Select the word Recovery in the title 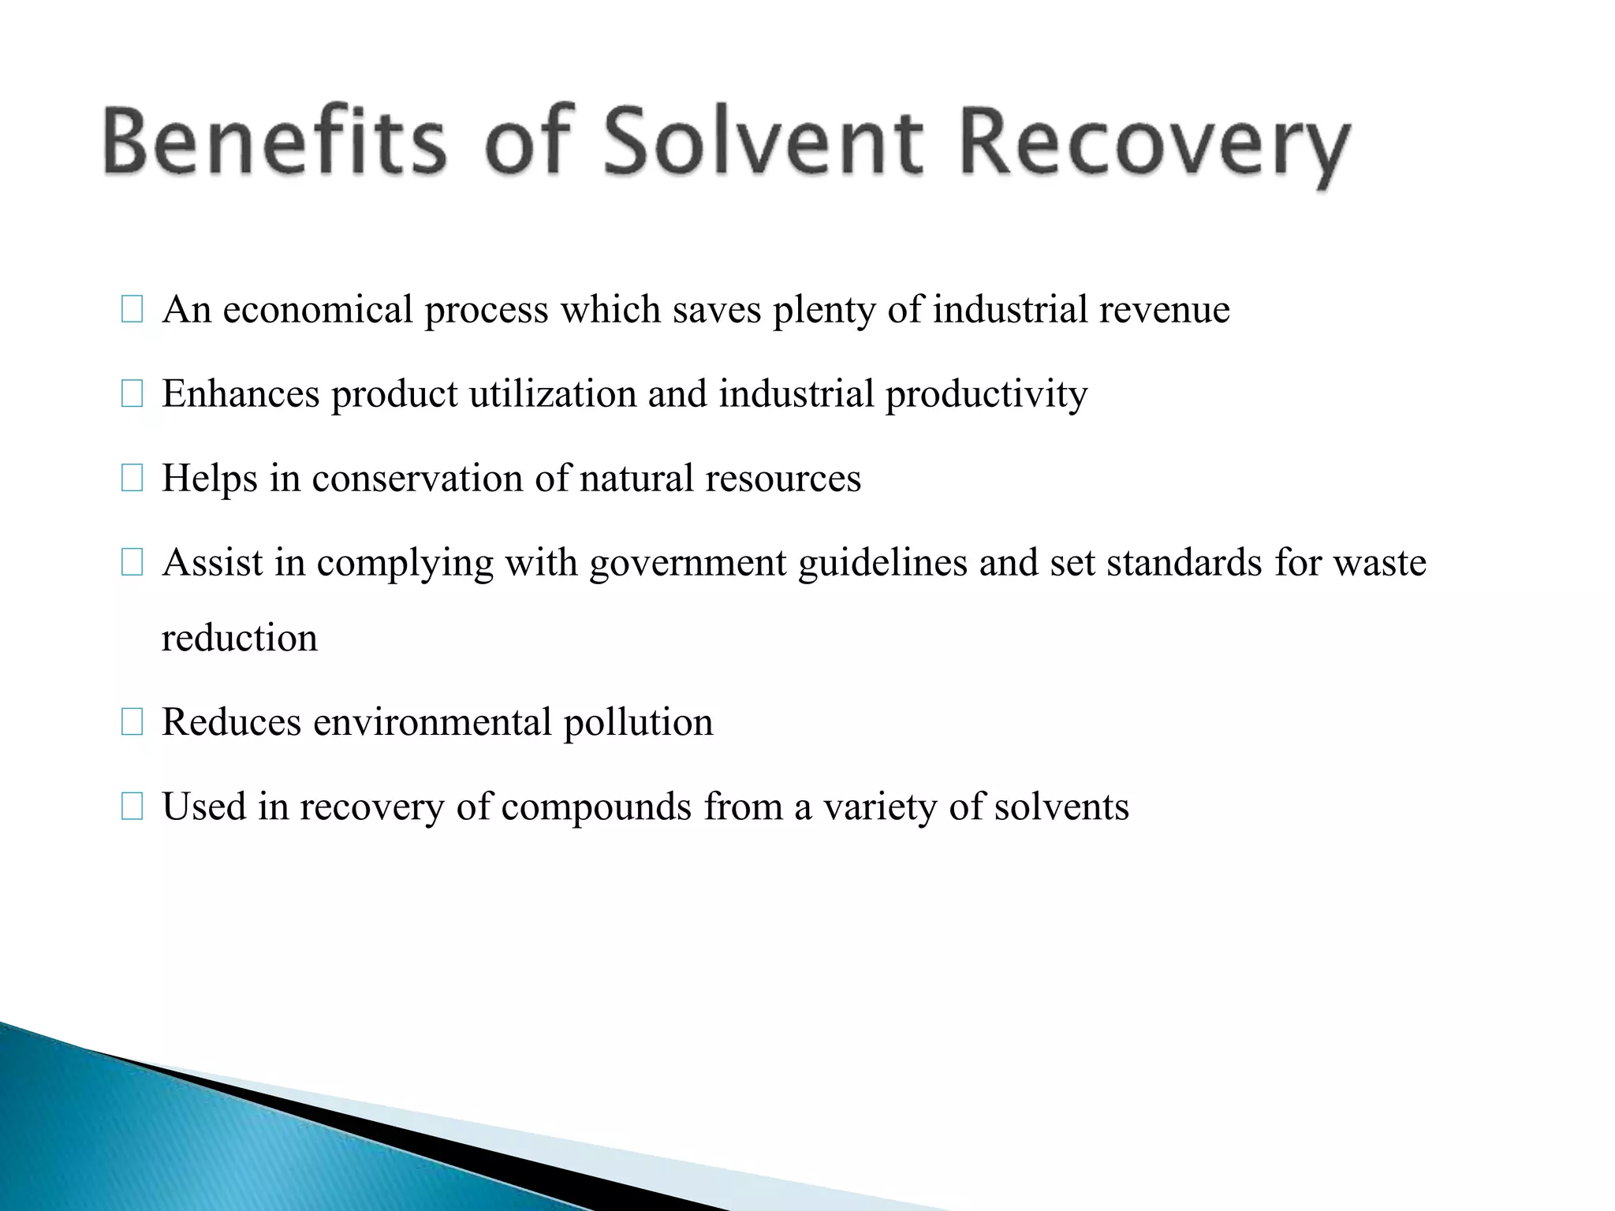pyautogui.click(x=1155, y=146)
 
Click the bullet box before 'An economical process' pyautogui.click(x=132, y=310)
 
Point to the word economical pyautogui.click(x=318, y=309)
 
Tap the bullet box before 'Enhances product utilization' pyautogui.click(x=132, y=394)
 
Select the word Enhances pyautogui.click(x=241, y=393)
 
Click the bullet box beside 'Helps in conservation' pyautogui.click(x=132, y=479)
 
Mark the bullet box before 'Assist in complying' pyautogui.click(x=132, y=563)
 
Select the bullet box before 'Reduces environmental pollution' pyautogui.click(x=132, y=722)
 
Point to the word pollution pyautogui.click(x=638, y=723)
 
